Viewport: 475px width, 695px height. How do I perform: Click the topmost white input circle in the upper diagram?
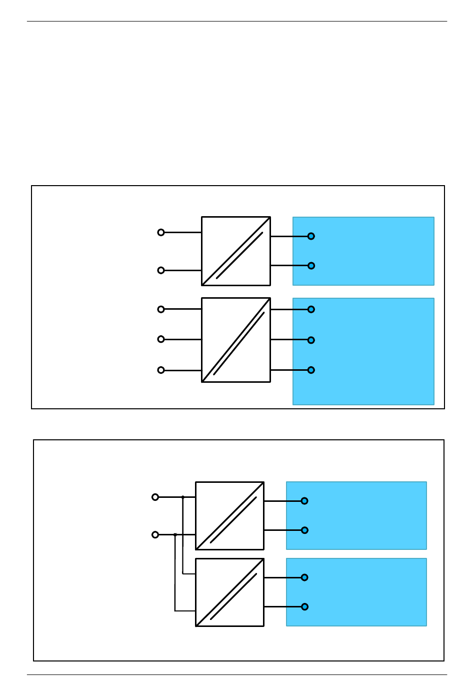coord(161,232)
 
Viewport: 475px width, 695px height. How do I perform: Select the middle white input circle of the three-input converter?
coord(161,339)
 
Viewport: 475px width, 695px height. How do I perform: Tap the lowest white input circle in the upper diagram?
coord(161,370)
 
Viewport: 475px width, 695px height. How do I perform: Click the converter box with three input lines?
coord(236,340)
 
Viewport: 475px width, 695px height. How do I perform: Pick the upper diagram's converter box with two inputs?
coord(236,251)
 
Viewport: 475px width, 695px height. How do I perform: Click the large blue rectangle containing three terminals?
coord(363,351)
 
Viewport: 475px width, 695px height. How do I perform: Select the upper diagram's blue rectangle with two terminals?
coord(363,251)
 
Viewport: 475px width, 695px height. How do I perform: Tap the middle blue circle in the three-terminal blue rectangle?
coord(311,340)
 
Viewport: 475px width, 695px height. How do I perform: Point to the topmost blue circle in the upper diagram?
coord(311,236)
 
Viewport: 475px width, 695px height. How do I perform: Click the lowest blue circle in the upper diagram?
coord(311,370)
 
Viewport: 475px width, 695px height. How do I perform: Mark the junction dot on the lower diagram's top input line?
coord(183,497)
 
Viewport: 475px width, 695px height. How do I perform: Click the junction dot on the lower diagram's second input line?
coord(175,534)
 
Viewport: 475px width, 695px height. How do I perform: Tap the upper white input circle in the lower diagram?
coord(155,497)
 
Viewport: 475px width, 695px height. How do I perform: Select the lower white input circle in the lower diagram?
coord(155,534)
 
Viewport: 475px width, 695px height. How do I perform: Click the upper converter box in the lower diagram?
coord(229,516)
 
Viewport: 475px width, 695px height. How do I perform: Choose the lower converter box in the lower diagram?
coord(229,592)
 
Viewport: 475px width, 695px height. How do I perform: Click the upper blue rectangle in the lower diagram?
coord(356,515)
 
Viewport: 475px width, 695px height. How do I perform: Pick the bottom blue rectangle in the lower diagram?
coord(356,592)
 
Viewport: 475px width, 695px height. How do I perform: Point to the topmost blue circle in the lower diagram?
coord(304,501)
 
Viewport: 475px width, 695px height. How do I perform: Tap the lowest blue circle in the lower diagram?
coord(304,607)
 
